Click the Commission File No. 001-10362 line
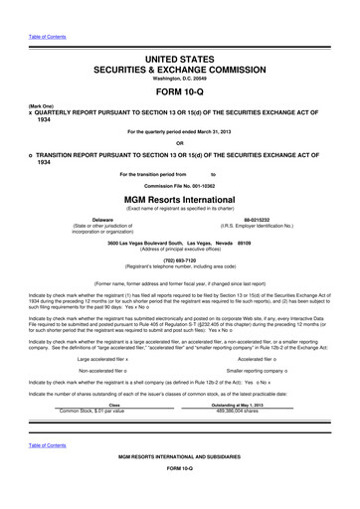179,185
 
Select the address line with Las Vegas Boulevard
179,242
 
